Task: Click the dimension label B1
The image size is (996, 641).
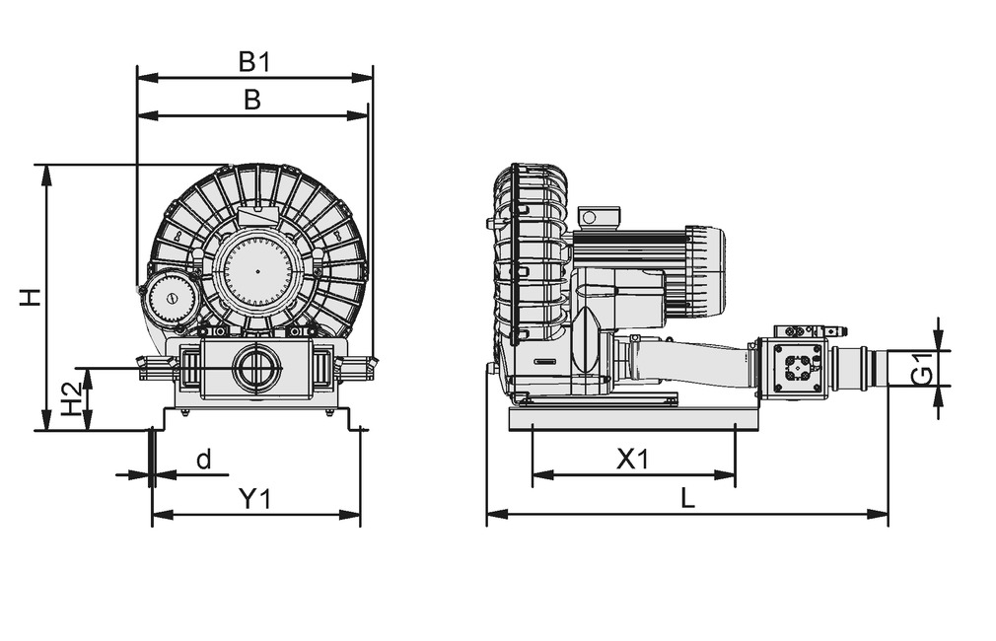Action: pos(254,61)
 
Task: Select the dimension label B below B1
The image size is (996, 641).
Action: pos(252,100)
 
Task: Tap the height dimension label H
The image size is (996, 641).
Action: pos(33,297)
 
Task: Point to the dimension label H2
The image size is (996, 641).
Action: pos(70,399)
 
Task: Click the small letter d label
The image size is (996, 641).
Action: pos(203,460)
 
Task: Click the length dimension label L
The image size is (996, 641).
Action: pos(687,498)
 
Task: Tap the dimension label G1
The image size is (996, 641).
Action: pos(921,368)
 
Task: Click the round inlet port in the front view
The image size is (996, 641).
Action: pos(256,368)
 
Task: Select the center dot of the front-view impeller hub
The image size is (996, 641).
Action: pos(257,270)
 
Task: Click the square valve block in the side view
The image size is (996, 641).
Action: pos(797,368)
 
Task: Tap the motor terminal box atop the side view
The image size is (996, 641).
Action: pos(599,217)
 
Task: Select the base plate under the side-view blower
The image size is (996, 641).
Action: pos(632,418)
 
